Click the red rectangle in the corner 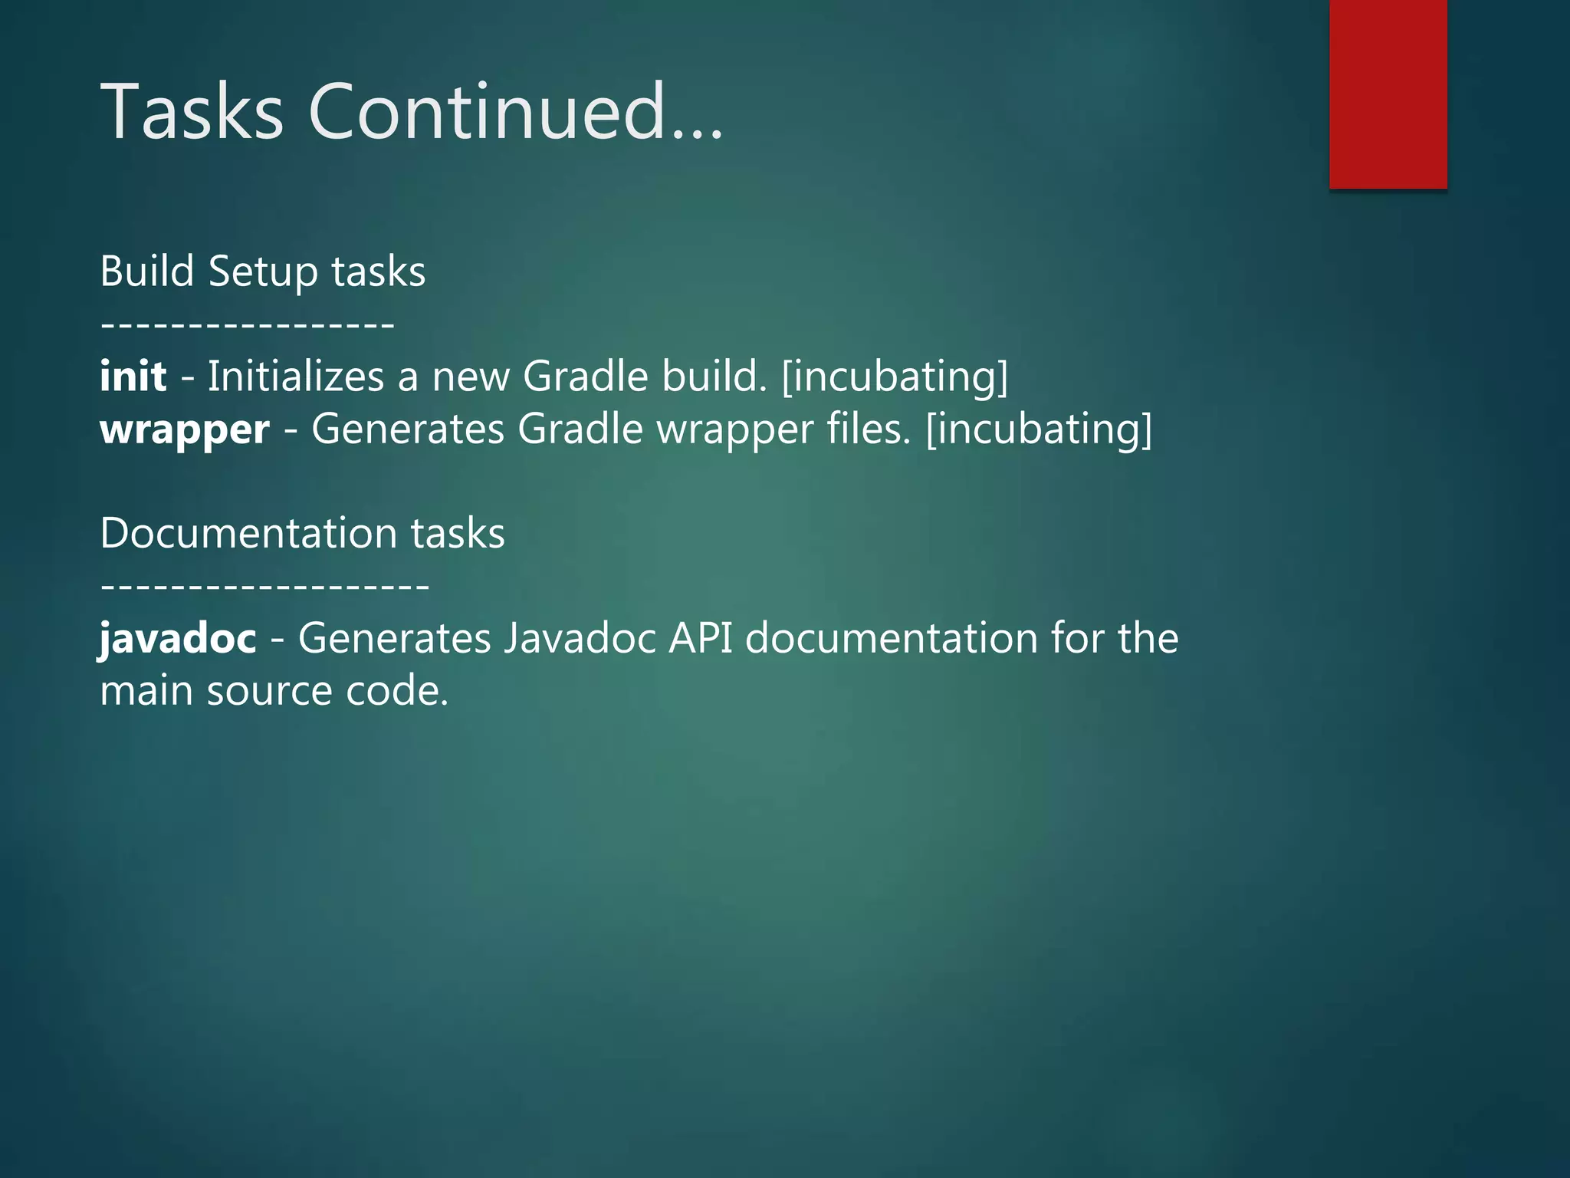pyautogui.click(x=1388, y=94)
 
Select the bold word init pyautogui.click(x=133, y=377)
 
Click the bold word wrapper pyautogui.click(x=185, y=429)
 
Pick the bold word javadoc pyautogui.click(x=178, y=638)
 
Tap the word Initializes pyautogui.click(x=296, y=377)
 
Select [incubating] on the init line pyautogui.click(x=895, y=377)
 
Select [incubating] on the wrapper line pyautogui.click(x=1039, y=429)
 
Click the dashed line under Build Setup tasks pyautogui.click(x=247, y=325)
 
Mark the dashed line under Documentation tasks pyautogui.click(x=264, y=587)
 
